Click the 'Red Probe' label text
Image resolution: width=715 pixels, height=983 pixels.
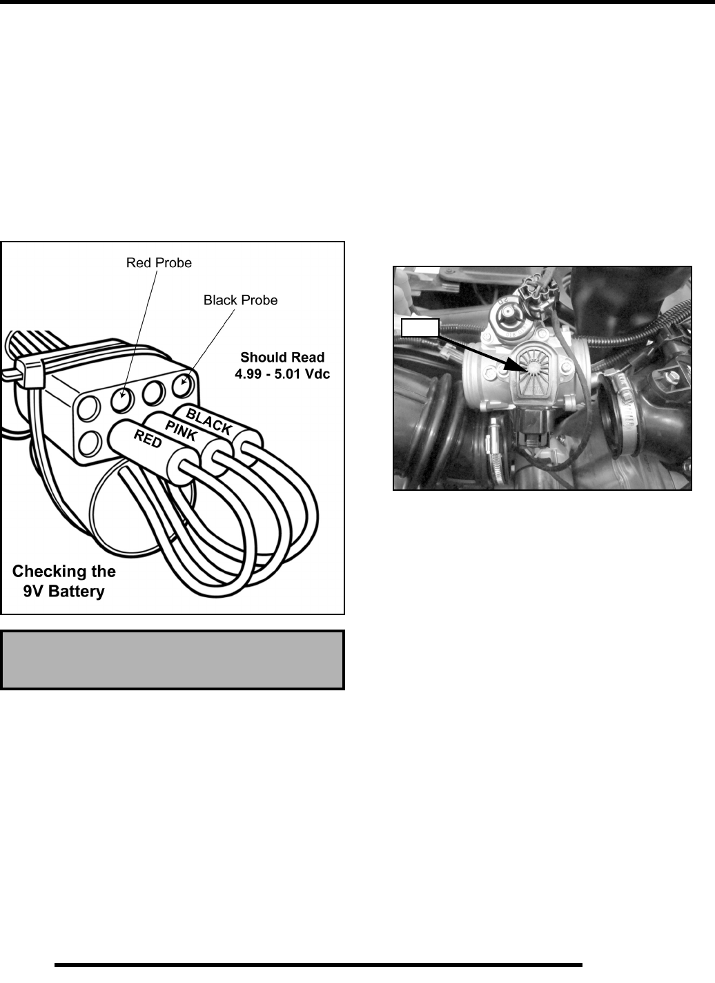(159, 263)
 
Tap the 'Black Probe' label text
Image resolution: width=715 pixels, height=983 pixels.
(240, 300)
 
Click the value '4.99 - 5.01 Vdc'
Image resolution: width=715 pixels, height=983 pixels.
(282, 375)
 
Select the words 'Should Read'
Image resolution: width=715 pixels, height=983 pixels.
(282, 358)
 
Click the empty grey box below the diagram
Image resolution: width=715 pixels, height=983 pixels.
(173, 659)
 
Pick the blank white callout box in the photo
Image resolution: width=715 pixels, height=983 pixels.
(420, 327)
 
